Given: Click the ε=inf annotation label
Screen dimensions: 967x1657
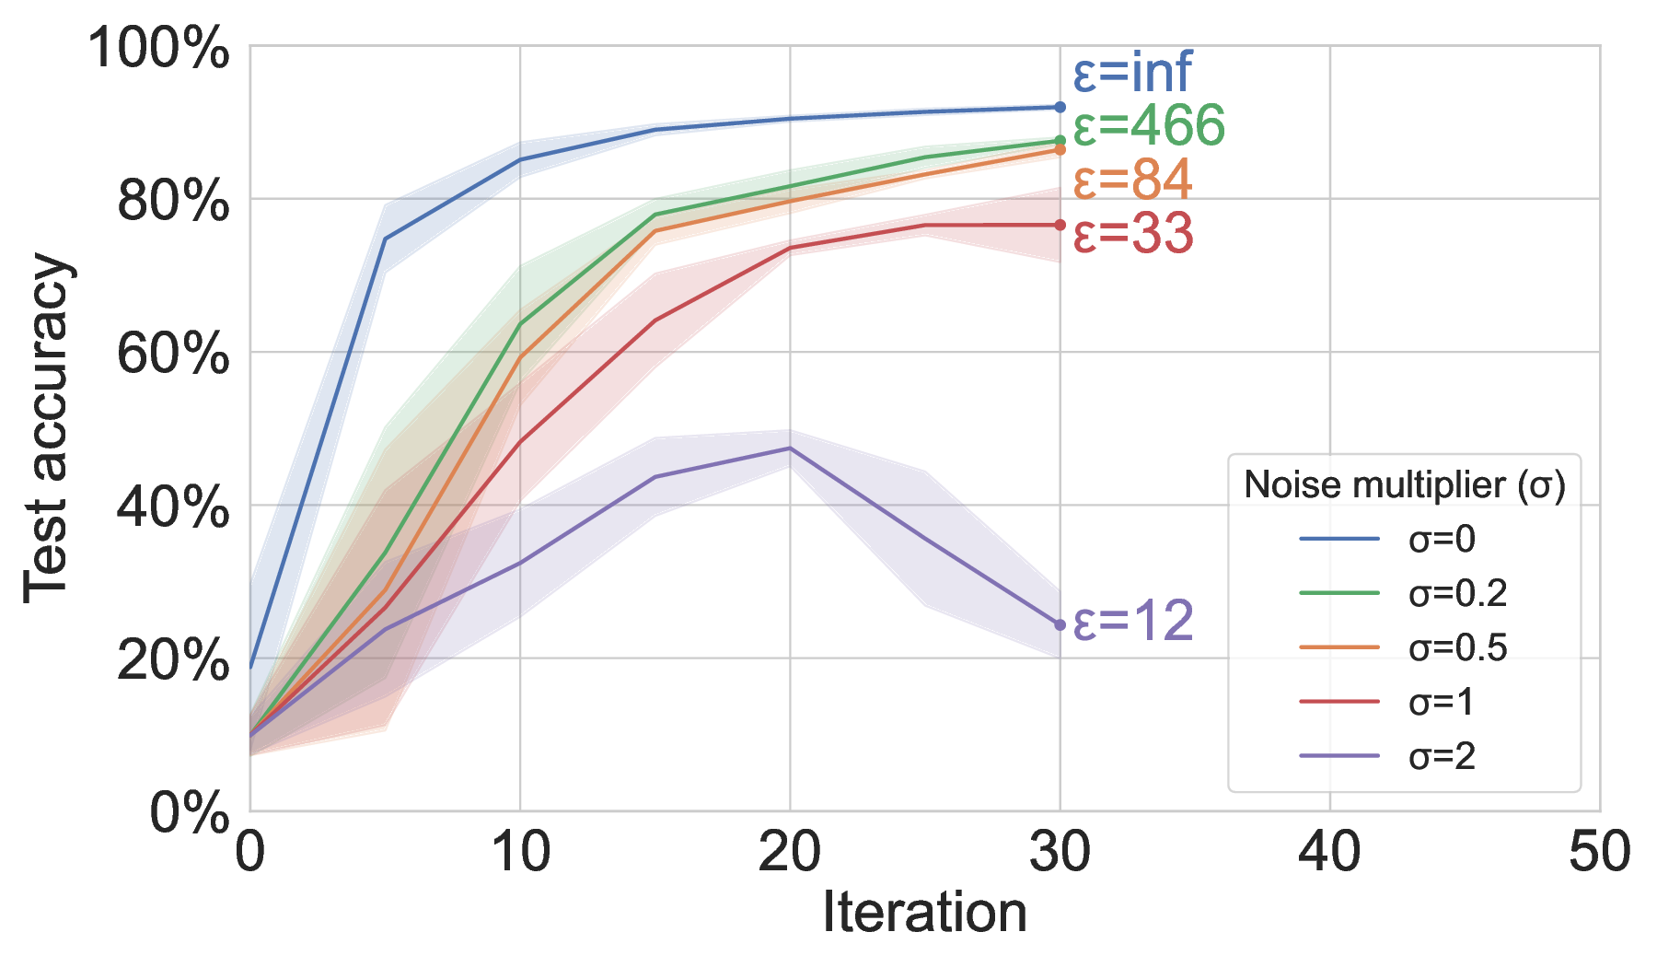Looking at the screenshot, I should [x=1132, y=72].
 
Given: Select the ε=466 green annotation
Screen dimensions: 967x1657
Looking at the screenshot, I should [x=1149, y=125].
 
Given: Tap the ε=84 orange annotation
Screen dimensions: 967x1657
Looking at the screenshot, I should [x=1132, y=180].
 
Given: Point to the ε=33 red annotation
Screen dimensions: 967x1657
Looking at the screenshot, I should [x=1133, y=233].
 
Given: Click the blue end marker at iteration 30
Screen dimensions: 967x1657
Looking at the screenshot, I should [x=1060, y=108].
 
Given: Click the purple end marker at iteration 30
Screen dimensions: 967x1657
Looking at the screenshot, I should [x=1060, y=625].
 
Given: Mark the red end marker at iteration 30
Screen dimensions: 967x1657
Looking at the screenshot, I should [x=1060, y=225].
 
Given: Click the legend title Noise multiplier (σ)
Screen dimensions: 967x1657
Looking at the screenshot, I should [x=1405, y=484].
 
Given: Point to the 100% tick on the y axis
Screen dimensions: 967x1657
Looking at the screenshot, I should [x=158, y=48].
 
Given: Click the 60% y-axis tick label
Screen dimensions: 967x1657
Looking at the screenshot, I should [x=173, y=354].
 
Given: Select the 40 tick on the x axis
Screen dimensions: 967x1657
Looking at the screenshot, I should [x=1329, y=852].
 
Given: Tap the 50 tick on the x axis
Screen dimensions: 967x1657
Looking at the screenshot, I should [x=1599, y=852].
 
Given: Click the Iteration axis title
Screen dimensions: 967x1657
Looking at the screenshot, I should [x=924, y=914].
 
